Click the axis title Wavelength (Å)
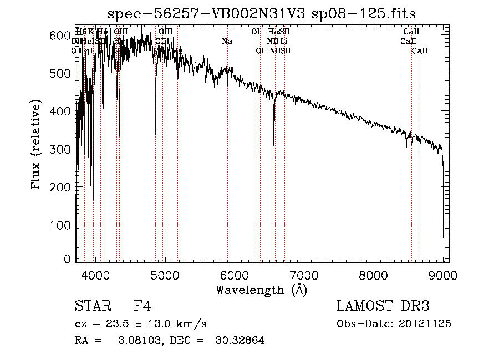point(261,290)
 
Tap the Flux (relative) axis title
point(37,146)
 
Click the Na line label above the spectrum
point(227,41)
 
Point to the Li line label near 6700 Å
point(283,41)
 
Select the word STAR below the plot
point(92,306)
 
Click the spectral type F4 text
point(142,306)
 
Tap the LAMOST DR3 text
point(383,306)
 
